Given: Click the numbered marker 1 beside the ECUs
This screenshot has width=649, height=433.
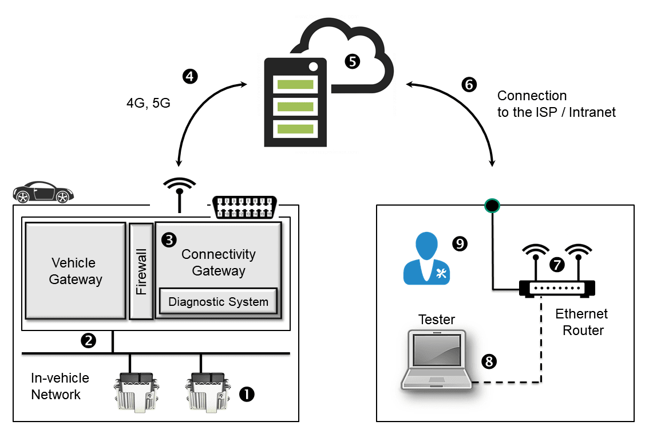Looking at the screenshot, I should tap(247, 393).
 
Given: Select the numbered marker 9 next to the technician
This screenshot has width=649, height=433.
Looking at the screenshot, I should tap(460, 244).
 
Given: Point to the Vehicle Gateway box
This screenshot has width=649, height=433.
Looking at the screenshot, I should tap(75, 270).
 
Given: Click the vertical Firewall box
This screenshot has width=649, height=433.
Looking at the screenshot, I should tap(141, 271).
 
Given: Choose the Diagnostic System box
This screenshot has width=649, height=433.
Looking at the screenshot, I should tap(218, 301).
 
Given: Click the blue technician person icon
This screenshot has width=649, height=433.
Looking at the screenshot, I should tap(426, 259).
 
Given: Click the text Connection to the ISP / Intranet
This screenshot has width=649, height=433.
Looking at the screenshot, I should tap(556, 104).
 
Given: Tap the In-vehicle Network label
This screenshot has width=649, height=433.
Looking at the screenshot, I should tap(60, 386).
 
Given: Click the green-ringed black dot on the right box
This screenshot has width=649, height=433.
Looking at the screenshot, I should tap(492, 204).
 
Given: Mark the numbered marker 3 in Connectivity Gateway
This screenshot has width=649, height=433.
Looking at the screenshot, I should tap(169, 240).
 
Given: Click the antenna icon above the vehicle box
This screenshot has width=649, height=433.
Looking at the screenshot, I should tap(180, 192).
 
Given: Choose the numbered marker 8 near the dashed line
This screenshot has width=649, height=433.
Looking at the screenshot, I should tap(489, 361).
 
